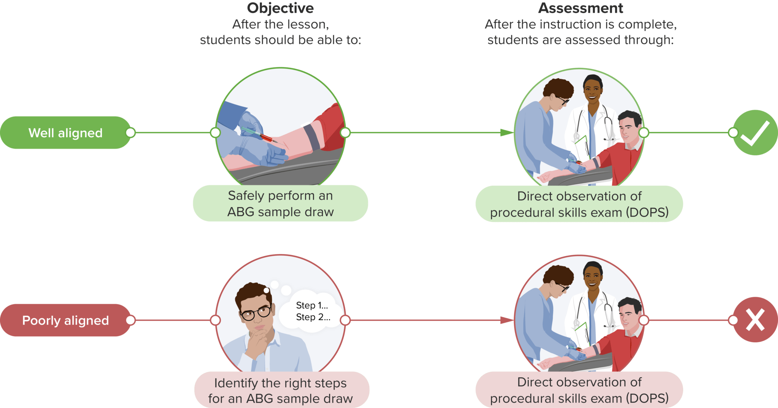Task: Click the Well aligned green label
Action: [65, 133]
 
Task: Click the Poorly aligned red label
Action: [65, 320]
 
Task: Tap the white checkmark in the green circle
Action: [755, 133]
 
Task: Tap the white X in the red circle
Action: [755, 320]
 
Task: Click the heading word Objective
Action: [280, 8]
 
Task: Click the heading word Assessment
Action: [580, 8]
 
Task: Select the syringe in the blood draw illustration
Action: [258, 135]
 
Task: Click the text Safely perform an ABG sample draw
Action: [280, 204]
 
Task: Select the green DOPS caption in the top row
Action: [579, 204]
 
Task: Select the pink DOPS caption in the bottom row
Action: [579, 390]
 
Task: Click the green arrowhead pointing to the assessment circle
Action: [507, 133]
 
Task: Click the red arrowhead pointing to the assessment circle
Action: [507, 320]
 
